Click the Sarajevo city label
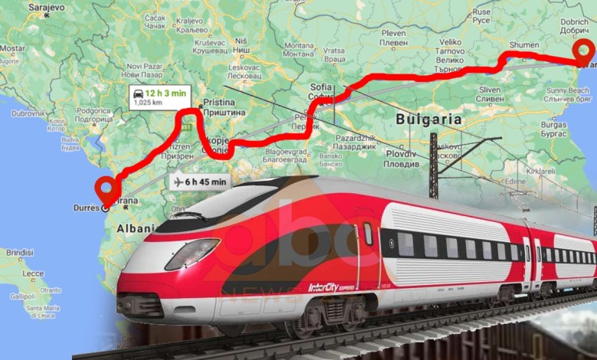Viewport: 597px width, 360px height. coord(47,7)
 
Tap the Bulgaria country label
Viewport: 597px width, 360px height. coord(429,119)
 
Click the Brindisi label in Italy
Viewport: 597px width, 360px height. coord(19,252)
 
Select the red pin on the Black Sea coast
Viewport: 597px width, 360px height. coord(586,52)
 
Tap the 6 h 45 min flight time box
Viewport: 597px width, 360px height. coord(200,182)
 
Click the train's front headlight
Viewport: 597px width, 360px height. coord(192,254)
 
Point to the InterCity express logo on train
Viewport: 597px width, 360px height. coord(329,288)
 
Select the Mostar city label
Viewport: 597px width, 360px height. coord(11,47)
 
